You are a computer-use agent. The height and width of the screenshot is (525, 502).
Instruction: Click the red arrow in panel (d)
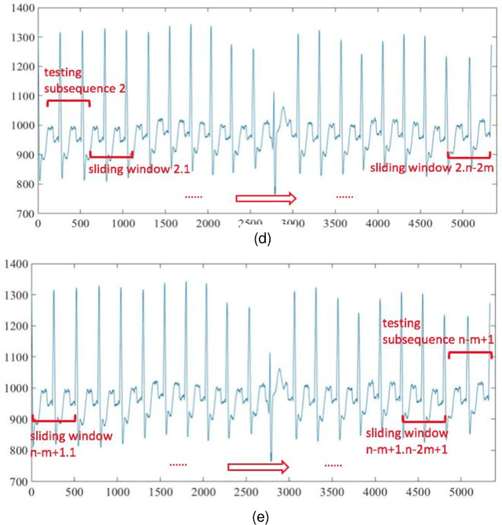(266, 198)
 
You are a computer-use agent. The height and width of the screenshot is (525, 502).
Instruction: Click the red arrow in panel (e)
(258, 467)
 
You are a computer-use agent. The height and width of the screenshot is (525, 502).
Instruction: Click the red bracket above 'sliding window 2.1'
(111, 154)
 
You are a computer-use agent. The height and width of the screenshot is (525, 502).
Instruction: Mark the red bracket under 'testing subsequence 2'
(68, 102)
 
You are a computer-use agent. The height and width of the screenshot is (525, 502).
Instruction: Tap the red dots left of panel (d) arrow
(194, 197)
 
